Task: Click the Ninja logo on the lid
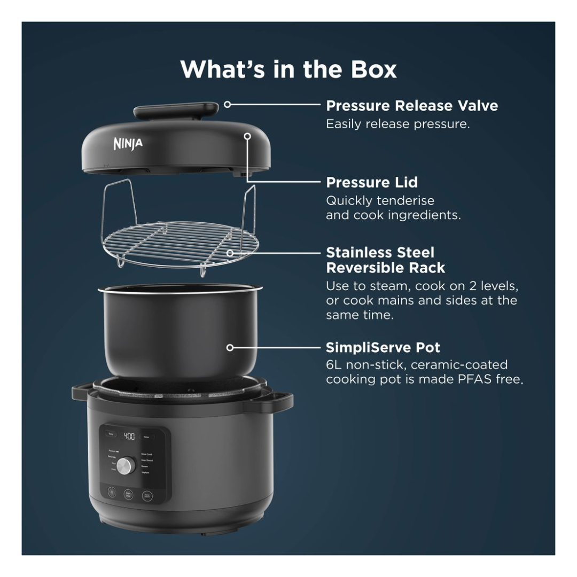[128, 143]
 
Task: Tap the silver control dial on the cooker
[125, 465]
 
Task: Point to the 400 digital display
[129, 436]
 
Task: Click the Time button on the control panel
[146, 436]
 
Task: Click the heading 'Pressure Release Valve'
[412, 106]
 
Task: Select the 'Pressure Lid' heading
[372, 182]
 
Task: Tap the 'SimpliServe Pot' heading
[383, 348]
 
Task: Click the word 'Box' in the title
[371, 69]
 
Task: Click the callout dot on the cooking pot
[230, 348]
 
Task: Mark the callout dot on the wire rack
[230, 252]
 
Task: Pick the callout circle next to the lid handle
[227, 105]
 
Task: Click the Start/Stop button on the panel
[128, 495]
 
